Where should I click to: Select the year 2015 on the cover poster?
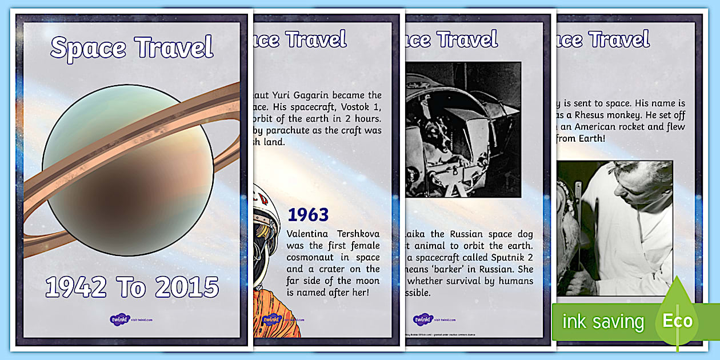pyautogui.click(x=186, y=287)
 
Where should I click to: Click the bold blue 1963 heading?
pyautogui.click(x=308, y=215)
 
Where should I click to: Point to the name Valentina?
pyautogui.click(x=309, y=234)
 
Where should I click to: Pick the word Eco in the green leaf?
pyautogui.click(x=677, y=321)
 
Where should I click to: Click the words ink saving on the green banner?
pyautogui.click(x=603, y=322)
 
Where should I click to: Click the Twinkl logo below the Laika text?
pyautogui.click(x=423, y=319)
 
